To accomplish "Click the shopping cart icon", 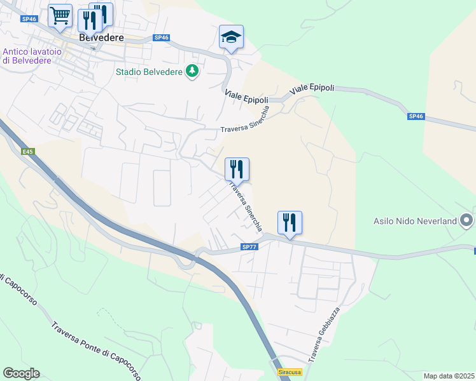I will click(60, 15).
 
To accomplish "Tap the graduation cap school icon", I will click(231, 37).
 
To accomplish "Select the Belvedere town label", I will click(101, 37).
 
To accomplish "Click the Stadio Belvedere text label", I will click(149, 71).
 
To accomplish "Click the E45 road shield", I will click(27, 152).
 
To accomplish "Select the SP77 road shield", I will click(249, 247).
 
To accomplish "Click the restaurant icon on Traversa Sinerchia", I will click(237, 169).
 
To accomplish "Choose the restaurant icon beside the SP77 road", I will click(290, 223).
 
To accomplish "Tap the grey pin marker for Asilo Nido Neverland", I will click(467, 220).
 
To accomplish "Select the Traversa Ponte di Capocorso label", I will click(95, 349).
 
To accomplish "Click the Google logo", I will click(21, 373).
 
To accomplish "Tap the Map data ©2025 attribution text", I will click(449, 376).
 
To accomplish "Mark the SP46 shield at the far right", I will click(416, 117).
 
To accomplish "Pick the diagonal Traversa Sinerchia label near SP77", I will click(244, 207).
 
